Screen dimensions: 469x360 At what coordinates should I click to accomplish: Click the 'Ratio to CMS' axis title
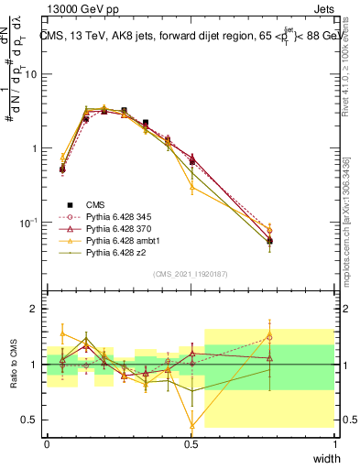point(14,365)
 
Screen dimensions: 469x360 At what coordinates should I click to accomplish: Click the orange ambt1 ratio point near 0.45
point(191,425)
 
